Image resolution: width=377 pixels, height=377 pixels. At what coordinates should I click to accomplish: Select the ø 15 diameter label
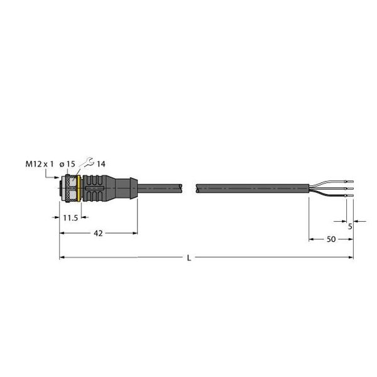tap(67, 163)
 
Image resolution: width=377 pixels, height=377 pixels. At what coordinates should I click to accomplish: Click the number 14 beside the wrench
tap(101, 163)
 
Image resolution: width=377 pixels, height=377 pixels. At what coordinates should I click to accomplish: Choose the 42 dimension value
tap(98, 232)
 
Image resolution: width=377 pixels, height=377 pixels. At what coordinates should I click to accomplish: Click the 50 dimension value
tap(331, 240)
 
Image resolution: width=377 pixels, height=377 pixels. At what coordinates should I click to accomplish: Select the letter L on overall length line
tap(190, 258)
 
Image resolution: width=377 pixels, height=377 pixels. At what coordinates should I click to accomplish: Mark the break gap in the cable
tap(190, 187)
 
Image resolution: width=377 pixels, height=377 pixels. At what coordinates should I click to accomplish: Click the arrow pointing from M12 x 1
tap(53, 177)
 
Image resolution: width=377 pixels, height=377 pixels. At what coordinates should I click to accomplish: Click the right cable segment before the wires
tap(251, 187)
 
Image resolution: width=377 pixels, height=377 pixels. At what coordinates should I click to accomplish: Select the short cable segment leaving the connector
tap(160, 187)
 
